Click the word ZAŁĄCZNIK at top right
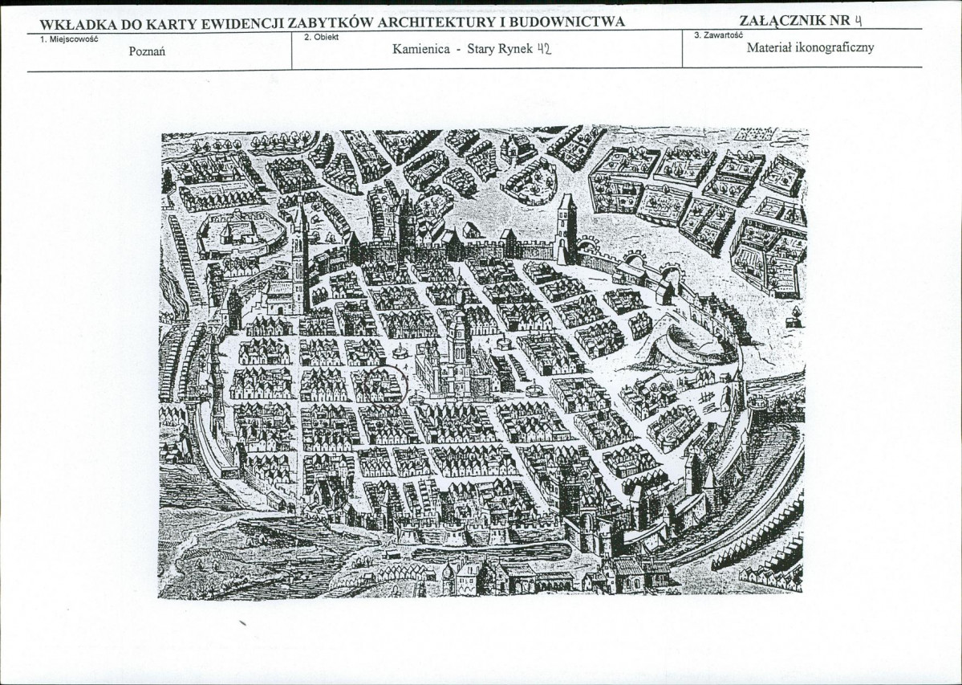pyautogui.click(x=776, y=20)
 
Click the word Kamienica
pyautogui.click(x=421, y=49)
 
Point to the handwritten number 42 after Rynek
pyautogui.click(x=543, y=48)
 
